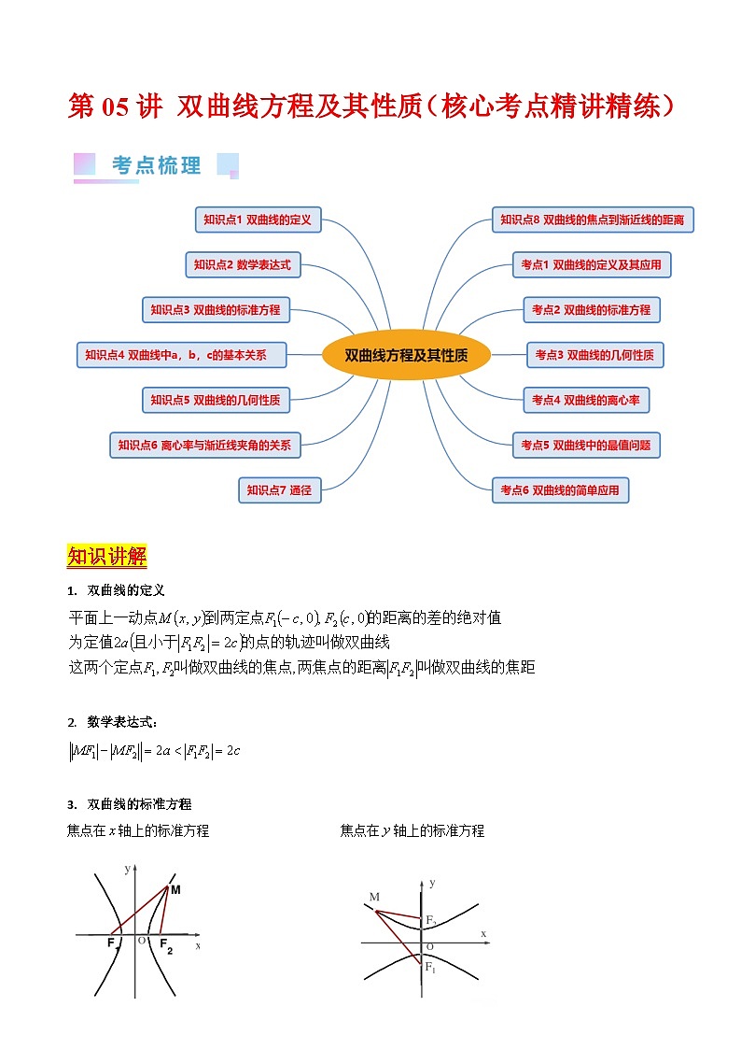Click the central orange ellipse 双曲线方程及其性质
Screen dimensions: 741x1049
[x=405, y=355]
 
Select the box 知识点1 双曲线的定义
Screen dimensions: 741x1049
[x=258, y=220]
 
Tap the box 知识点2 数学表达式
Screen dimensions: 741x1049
[x=242, y=265]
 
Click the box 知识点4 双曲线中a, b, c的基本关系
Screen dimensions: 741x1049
[x=181, y=355]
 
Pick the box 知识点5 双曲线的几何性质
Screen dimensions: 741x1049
[x=215, y=400]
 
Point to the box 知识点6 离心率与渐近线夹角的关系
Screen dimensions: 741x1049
[x=204, y=446]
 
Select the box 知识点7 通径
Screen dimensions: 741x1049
[x=279, y=489]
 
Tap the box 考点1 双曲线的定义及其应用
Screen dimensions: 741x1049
[x=591, y=265]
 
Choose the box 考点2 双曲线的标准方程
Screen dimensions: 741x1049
[x=591, y=309]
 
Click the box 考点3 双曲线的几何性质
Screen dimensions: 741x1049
[x=594, y=355]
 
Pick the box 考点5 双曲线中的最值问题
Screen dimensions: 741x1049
[x=585, y=446]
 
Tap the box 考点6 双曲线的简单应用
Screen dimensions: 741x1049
[x=560, y=489]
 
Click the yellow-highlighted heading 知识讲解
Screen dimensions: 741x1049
[x=106, y=557]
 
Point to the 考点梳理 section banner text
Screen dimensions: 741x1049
[x=157, y=166]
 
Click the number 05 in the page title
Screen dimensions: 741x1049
[x=115, y=106]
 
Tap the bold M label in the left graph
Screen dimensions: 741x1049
[x=175, y=890]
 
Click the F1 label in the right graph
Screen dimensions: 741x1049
[x=430, y=968]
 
